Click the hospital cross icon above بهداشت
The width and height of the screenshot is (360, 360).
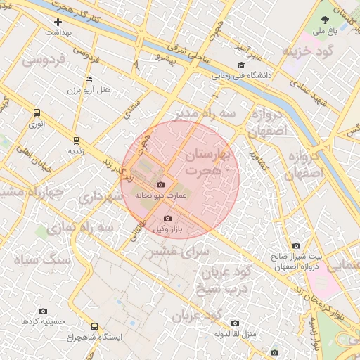[x=58, y=22]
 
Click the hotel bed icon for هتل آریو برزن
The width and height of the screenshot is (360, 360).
[x=88, y=79]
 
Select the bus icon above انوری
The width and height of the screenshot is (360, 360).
[x=37, y=112]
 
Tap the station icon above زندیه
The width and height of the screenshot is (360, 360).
[x=76, y=139]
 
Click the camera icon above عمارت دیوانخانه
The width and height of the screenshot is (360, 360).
[x=160, y=184]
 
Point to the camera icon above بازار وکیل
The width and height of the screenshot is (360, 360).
[x=167, y=218]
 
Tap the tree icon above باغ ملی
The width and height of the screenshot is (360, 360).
[x=325, y=20]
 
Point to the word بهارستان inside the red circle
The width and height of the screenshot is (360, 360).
[x=211, y=154]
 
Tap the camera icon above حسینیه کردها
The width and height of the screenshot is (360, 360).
[x=44, y=311]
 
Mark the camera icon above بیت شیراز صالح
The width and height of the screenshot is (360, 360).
[x=295, y=245]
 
